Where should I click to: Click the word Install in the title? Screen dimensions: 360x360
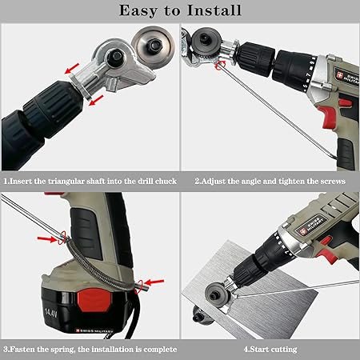(x=214, y=10)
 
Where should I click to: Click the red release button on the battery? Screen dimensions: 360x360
(x=94, y=300)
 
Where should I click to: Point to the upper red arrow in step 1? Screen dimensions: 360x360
(x=72, y=68)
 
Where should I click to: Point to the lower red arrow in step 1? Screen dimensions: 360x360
(x=96, y=100)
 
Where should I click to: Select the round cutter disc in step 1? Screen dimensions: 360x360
(x=153, y=45)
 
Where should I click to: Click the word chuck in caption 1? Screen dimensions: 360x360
(x=166, y=182)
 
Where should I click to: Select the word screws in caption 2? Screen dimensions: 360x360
(x=333, y=182)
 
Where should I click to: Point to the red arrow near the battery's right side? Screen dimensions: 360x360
(x=154, y=282)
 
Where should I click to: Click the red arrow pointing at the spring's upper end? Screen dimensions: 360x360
(x=47, y=238)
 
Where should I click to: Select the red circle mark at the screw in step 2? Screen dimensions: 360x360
(x=220, y=65)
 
